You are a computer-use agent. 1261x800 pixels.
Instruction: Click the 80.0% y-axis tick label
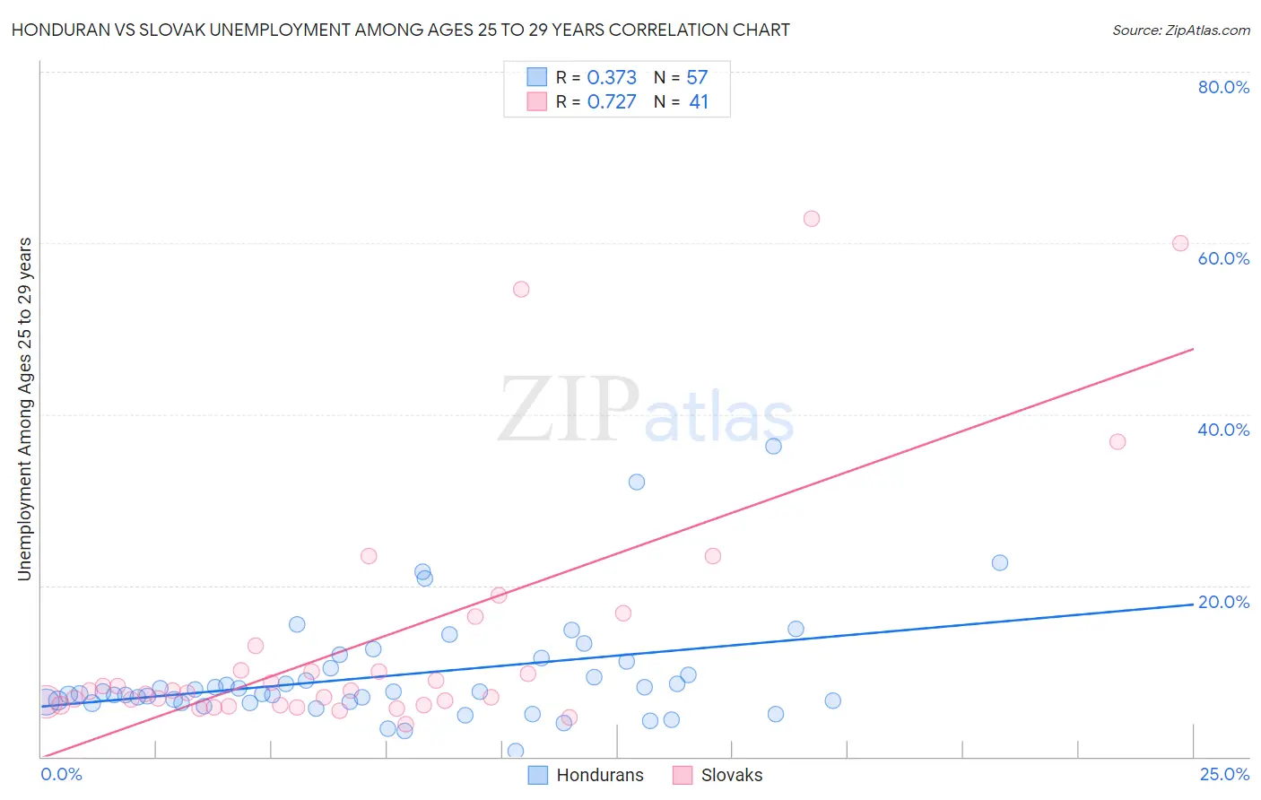[1223, 87]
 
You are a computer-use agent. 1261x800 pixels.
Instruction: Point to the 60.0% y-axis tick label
[1223, 258]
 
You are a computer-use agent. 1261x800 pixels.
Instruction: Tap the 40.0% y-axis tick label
[1223, 430]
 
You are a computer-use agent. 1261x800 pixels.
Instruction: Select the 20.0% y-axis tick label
[1223, 602]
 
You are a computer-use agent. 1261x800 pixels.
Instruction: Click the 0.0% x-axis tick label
[61, 774]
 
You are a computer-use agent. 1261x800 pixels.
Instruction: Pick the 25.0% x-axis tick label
[1224, 774]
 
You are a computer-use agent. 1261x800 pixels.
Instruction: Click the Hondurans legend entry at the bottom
[599, 775]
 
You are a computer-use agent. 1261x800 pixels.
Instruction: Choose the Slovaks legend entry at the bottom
[731, 775]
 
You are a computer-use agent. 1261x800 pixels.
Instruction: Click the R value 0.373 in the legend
[612, 78]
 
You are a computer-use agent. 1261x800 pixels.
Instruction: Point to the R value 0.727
[612, 102]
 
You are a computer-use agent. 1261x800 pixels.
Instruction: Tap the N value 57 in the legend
[697, 78]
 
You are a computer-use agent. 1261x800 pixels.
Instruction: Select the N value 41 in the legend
[699, 102]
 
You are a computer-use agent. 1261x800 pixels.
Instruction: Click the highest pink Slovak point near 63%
[812, 219]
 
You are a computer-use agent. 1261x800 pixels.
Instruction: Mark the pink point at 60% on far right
[1180, 243]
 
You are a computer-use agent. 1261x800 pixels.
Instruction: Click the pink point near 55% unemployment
[521, 289]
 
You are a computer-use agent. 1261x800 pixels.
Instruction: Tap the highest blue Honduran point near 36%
[773, 446]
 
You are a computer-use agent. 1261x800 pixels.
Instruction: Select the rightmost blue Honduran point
[1000, 562]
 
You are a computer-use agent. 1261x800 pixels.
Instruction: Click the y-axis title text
[25, 409]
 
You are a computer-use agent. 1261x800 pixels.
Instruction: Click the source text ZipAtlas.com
[1180, 30]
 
